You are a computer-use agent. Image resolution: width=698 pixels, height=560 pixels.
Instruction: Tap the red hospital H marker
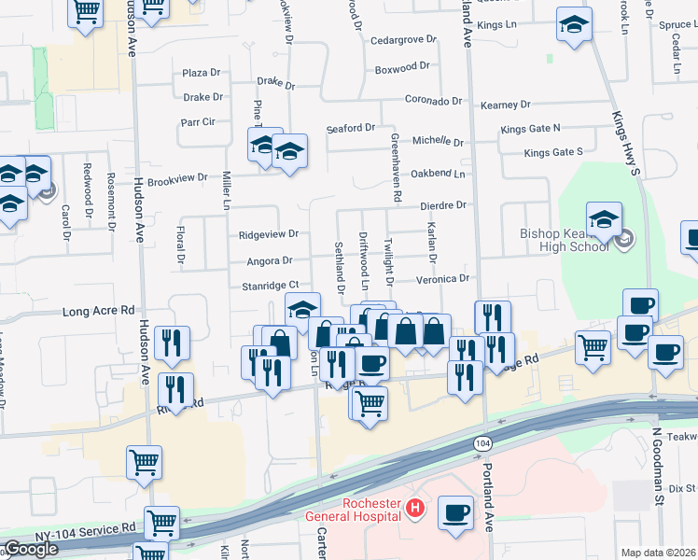[x=416, y=510]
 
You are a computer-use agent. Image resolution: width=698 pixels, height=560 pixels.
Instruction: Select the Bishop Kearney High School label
[x=566, y=238]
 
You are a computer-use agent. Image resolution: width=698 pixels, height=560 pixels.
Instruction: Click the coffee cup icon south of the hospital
[x=455, y=512]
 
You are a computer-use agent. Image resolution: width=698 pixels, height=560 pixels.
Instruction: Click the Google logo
[x=31, y=549]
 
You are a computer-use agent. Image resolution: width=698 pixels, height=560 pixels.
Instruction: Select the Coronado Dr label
[x=434, y=100]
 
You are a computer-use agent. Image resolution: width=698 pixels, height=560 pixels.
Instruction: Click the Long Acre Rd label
[x=99, y=311]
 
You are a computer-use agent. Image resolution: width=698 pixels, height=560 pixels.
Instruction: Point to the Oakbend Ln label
[x=438, y=174]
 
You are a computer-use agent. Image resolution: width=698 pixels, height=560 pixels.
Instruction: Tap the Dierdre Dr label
[x=442, y=204]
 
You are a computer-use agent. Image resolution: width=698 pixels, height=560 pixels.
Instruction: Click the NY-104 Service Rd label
[x=88, y=527]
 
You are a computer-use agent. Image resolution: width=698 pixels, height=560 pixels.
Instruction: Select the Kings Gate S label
[x=552, y=151]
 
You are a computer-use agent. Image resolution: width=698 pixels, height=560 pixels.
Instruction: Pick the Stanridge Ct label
[x=270, y=286]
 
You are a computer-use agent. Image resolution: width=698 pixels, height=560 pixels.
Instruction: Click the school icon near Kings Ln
[x=574, y=25]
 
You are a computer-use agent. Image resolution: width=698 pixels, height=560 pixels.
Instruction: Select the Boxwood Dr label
[x=401, y=67]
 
